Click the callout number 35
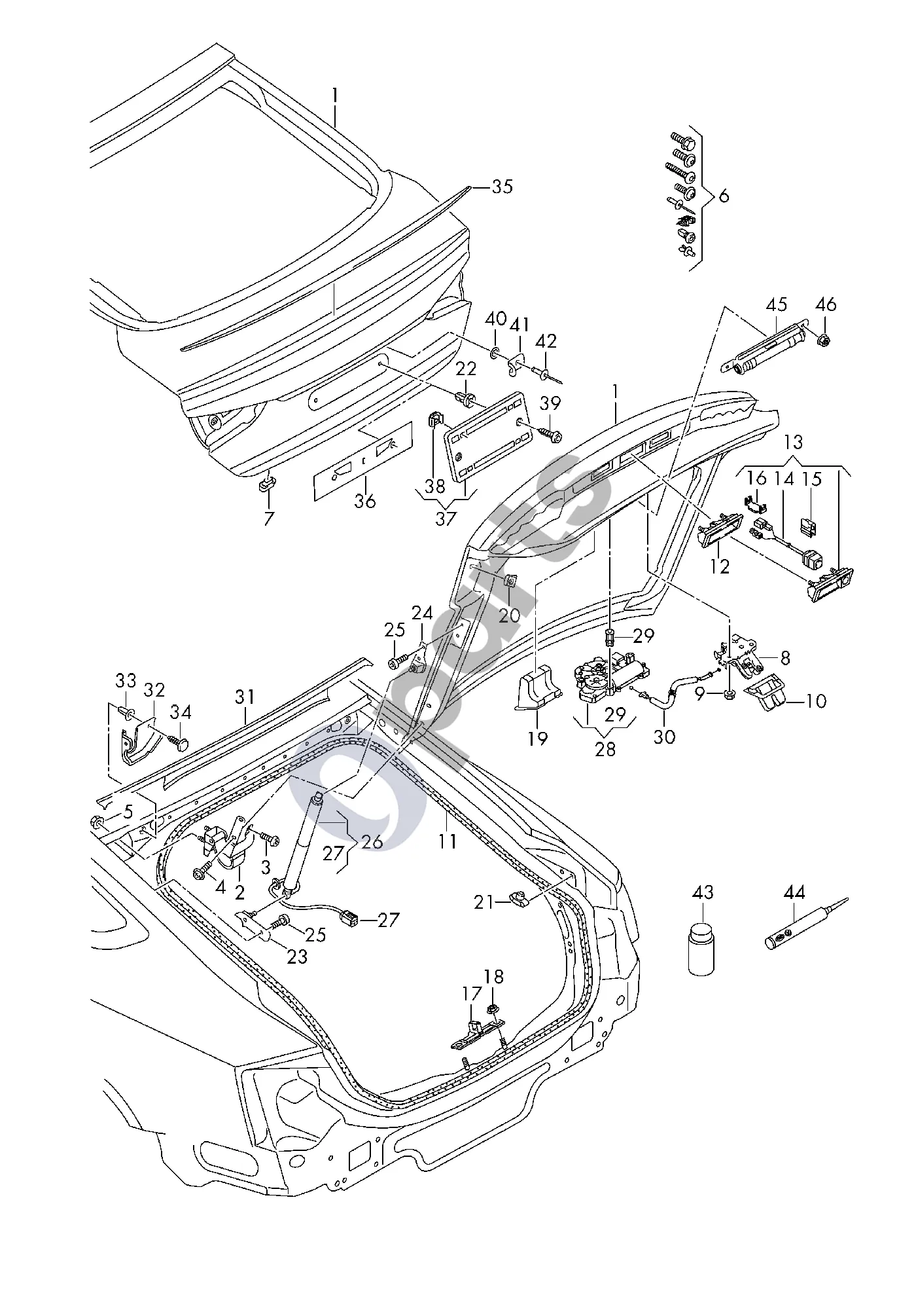[x=502, y=187]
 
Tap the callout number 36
[x=365, y=502]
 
